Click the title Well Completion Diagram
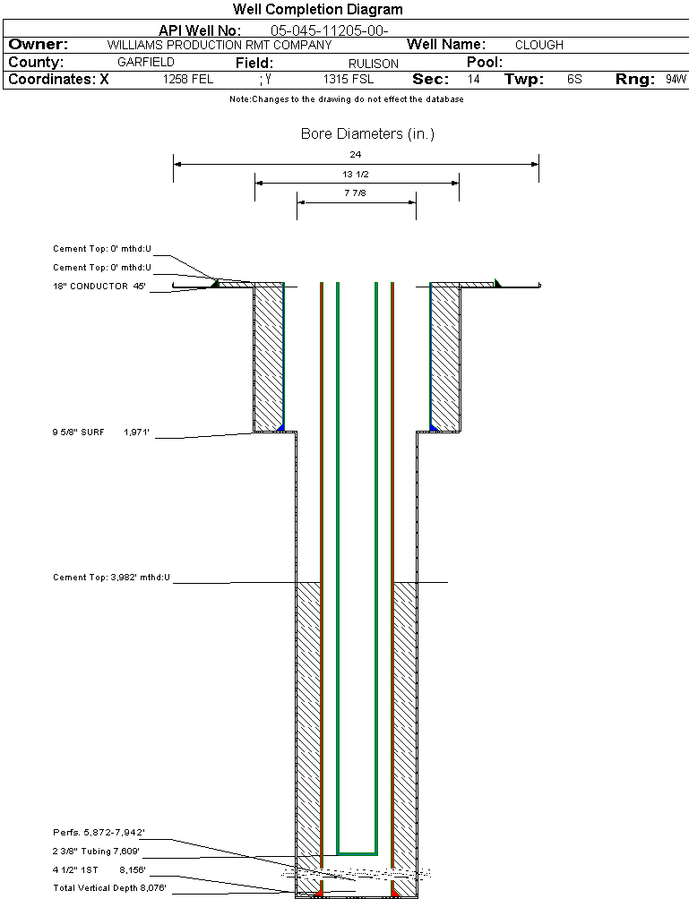pos(318,10)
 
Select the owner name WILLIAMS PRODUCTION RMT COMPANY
pos(219,45)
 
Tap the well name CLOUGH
pos(539,45)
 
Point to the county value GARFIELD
pos(146,63)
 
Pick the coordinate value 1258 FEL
pos(188,80)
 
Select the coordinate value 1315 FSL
pos(349,80)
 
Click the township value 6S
pos(574,80)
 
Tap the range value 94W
pos(676,80)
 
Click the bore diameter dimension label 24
pos(356,155)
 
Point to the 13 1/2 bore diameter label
pos(356,174)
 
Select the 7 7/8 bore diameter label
pos(356,193)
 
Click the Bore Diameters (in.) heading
pos(367,134)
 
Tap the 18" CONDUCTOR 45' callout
pos(99,287)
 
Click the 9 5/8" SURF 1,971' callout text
pos(100,432)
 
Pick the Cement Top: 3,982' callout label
pos(111,578)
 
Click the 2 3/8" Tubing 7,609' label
pos(96,852)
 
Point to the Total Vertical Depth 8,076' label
pos(109,887)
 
